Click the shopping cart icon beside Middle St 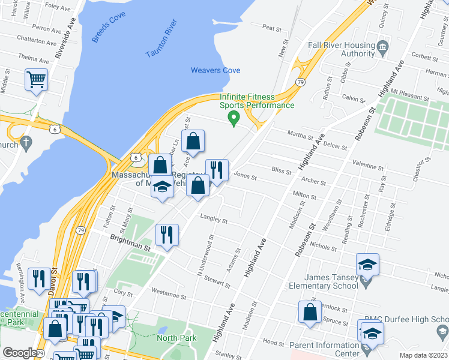(37, 79)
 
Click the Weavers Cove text (215, 70)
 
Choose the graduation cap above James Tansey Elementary (367, 264)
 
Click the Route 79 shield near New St (300, 82)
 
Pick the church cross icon (25, 142)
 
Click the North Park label (176, 338)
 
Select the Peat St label (272, 28)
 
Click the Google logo (20, 352)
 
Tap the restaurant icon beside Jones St (216, 170)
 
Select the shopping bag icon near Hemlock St (310, 313)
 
